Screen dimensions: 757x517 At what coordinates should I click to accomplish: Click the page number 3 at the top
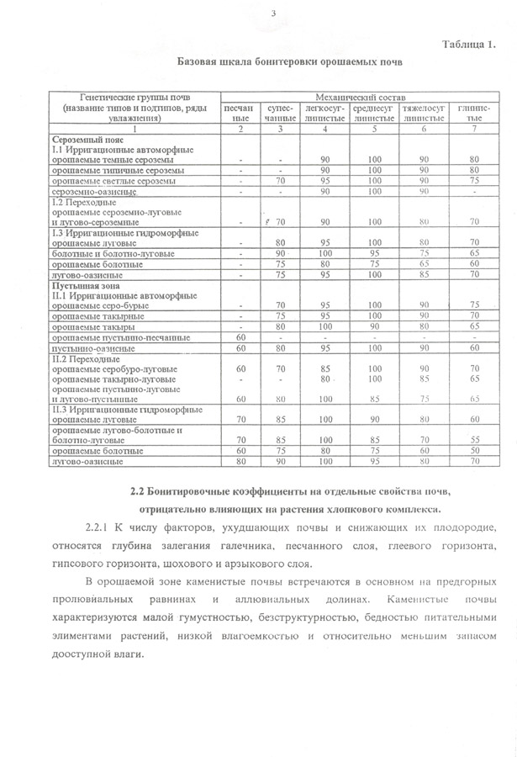coord(274,13)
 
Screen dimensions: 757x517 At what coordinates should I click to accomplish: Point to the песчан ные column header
coord(240,114)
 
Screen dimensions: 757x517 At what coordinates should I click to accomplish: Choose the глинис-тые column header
coord(475,114)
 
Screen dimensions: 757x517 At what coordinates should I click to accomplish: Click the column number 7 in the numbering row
coord(475,129)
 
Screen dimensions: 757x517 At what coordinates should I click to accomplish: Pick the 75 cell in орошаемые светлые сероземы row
coord(475,181)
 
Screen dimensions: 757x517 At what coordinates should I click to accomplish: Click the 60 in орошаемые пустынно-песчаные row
coord(240,337)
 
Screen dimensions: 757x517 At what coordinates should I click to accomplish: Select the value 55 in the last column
coord(475,439)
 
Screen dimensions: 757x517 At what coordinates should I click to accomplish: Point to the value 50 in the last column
coord(475,450)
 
